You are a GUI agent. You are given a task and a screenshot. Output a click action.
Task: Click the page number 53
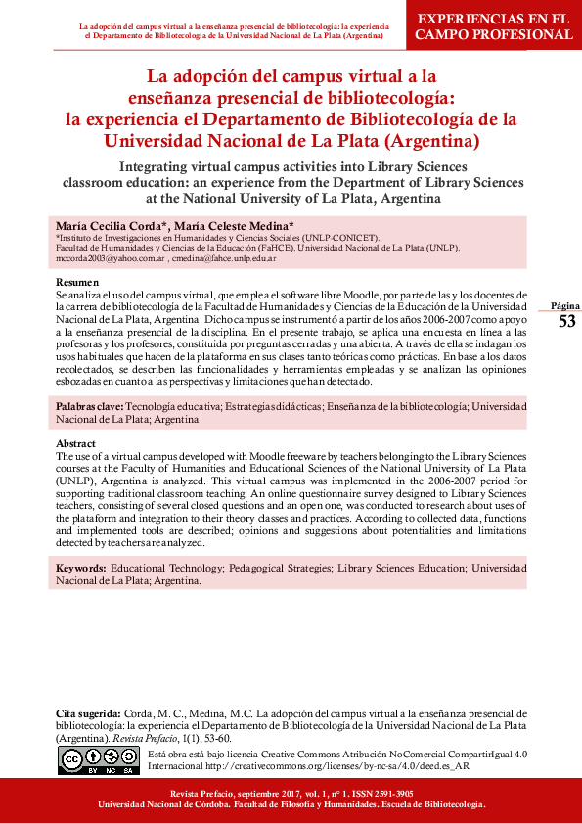[566, 322]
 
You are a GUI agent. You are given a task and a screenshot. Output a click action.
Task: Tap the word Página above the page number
[566, 306]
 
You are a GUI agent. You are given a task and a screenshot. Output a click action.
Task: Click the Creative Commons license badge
[99, 759]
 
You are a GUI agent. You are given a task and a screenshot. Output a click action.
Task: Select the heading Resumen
[76, 282]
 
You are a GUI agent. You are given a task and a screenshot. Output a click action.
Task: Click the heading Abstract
[76, 444]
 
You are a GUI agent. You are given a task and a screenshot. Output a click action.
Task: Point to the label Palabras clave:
[89, 405]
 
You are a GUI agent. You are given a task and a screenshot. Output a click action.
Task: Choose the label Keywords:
[81, 568]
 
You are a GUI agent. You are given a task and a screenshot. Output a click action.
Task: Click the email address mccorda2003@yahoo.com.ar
[111, 259]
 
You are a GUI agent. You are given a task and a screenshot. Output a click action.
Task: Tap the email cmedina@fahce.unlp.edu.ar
[225, 259]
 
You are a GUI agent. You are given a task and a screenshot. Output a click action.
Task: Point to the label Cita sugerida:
[88, 714]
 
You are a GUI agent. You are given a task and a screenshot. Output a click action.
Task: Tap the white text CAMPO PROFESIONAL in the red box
[494, 34]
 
